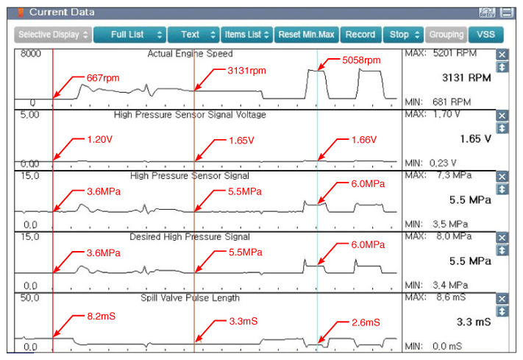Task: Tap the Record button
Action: click(x=360, y=35)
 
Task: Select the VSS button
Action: click(x=485, y=35)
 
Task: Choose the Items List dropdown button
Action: click(x=247, y=35)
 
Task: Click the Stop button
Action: click(x=404, y=35)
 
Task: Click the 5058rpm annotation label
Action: click(x=361, y=60)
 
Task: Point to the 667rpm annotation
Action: click(x=103, y=78)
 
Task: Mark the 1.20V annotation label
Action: click(x=99, y=139)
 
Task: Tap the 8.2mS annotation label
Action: click(x=101, y=317)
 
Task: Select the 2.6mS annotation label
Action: click(x=366, y=322)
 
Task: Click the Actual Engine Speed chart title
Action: click(x=190, y=54)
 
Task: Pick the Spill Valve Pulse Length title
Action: click(x=190, y=298)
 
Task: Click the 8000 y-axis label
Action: click(x=31, y=54)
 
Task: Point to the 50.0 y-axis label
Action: click(x=29, y=297)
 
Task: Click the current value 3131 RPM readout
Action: click(x=466, y=78)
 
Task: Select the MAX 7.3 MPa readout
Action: click(x=438, y=175)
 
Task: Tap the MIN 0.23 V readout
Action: click(x=430, y=163)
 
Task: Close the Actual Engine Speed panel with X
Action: click(x=502, y=54)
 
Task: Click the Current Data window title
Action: click(x=62, y=12)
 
